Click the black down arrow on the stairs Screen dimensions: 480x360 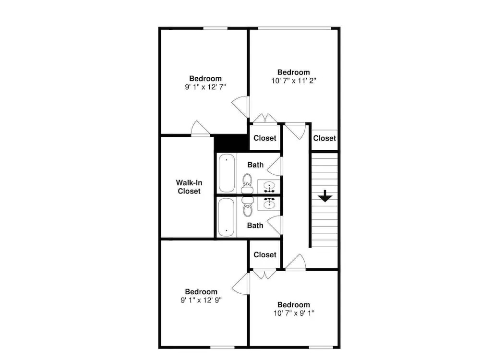[325, 196]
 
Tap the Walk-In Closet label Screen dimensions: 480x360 [189, 187]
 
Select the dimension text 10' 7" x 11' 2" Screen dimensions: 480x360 [294, 81]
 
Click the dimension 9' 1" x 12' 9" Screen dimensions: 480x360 [201, 300]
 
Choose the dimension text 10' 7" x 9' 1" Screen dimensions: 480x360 [294, 313]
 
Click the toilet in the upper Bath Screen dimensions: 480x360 [247, 183]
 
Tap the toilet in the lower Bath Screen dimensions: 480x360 [247, 206]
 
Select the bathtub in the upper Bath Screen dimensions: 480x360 [227, 173]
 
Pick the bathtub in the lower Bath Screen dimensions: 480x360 [227, 217]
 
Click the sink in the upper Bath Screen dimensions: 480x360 [269, 187]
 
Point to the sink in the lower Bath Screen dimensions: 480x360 [269, 203]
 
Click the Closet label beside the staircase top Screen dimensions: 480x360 [324, 138]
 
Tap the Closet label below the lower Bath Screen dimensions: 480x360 [265, 255]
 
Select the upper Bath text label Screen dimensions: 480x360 [255, 165]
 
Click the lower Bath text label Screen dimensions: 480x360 [255, 225]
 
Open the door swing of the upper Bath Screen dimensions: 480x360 [275, 167]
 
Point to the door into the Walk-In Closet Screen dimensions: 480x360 [200, 128]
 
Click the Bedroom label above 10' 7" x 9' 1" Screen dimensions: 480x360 [294, 305]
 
